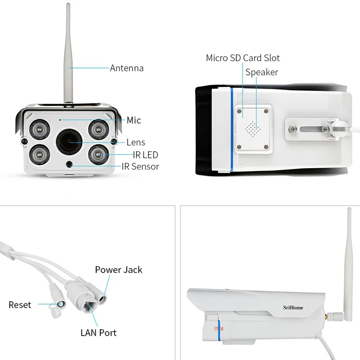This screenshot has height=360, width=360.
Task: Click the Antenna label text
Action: click(x=127, y=68)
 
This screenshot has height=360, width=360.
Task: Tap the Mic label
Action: click(x=134, y=120)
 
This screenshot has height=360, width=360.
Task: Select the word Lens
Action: click(x=135, y=142)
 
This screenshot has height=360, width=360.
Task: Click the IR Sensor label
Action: click(x=140, y=166)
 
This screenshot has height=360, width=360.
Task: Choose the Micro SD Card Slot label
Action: click(x=243, y=58)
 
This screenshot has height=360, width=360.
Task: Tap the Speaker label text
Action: click(x=261, y=72)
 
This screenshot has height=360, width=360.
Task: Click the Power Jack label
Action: click(x=118, y=270)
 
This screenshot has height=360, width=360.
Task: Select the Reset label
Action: click(x=20, y=305)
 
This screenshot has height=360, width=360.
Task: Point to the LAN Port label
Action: click(x=98, y=333)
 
